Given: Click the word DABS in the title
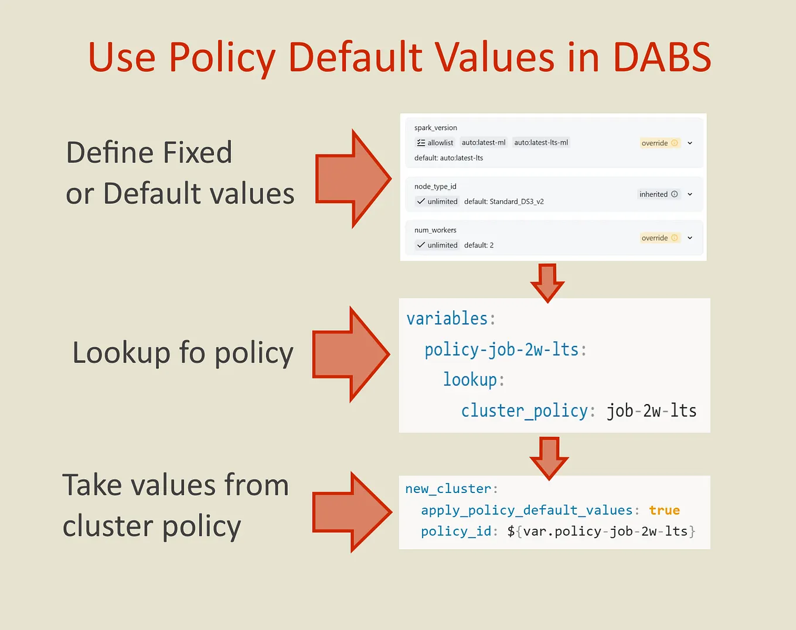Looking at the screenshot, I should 662,57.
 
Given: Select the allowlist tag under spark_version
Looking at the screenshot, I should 434,143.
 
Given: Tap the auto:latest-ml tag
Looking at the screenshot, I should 483,142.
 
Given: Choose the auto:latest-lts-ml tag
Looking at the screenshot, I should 541,142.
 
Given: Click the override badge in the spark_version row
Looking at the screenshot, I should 659,143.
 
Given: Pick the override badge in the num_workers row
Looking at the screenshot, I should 659,238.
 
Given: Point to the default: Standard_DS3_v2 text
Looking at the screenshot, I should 504,201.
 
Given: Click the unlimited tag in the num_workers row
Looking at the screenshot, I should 437,245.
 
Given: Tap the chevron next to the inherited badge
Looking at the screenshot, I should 690,194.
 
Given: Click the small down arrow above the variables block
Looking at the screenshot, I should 547,282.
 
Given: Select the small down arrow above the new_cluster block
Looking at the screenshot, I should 549,457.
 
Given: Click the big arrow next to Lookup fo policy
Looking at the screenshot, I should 351,354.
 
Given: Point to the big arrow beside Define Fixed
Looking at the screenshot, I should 353,179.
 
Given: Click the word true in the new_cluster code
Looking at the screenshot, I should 664,511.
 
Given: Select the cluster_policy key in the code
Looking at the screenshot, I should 524,410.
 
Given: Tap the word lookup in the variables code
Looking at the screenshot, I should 470,379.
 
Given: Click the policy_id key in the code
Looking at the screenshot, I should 455,532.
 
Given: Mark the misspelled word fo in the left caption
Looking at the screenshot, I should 192,353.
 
